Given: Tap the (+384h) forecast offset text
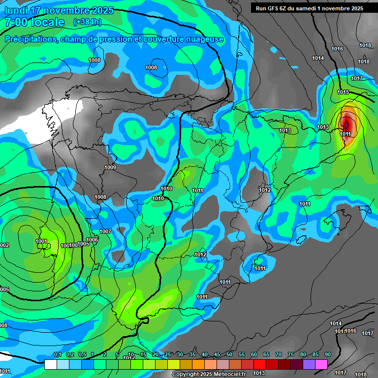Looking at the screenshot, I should tap(88, 22).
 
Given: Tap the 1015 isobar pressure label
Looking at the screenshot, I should tap(343, 92).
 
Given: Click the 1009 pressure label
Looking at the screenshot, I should tap(110, 168).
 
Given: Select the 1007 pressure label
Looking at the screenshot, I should tap(105, 231).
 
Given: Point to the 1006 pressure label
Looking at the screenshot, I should tap(93, 240).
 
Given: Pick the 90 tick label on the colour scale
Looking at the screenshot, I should tap(328, 354).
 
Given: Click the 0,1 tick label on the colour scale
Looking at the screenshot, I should tap(57, 354).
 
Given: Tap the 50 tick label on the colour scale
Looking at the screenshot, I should tap(229, 354).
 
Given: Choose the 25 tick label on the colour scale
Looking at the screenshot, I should tap(168, 354).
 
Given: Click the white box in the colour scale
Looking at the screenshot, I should tap(50, 365).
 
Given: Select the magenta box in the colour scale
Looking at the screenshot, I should tap(321, 365).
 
